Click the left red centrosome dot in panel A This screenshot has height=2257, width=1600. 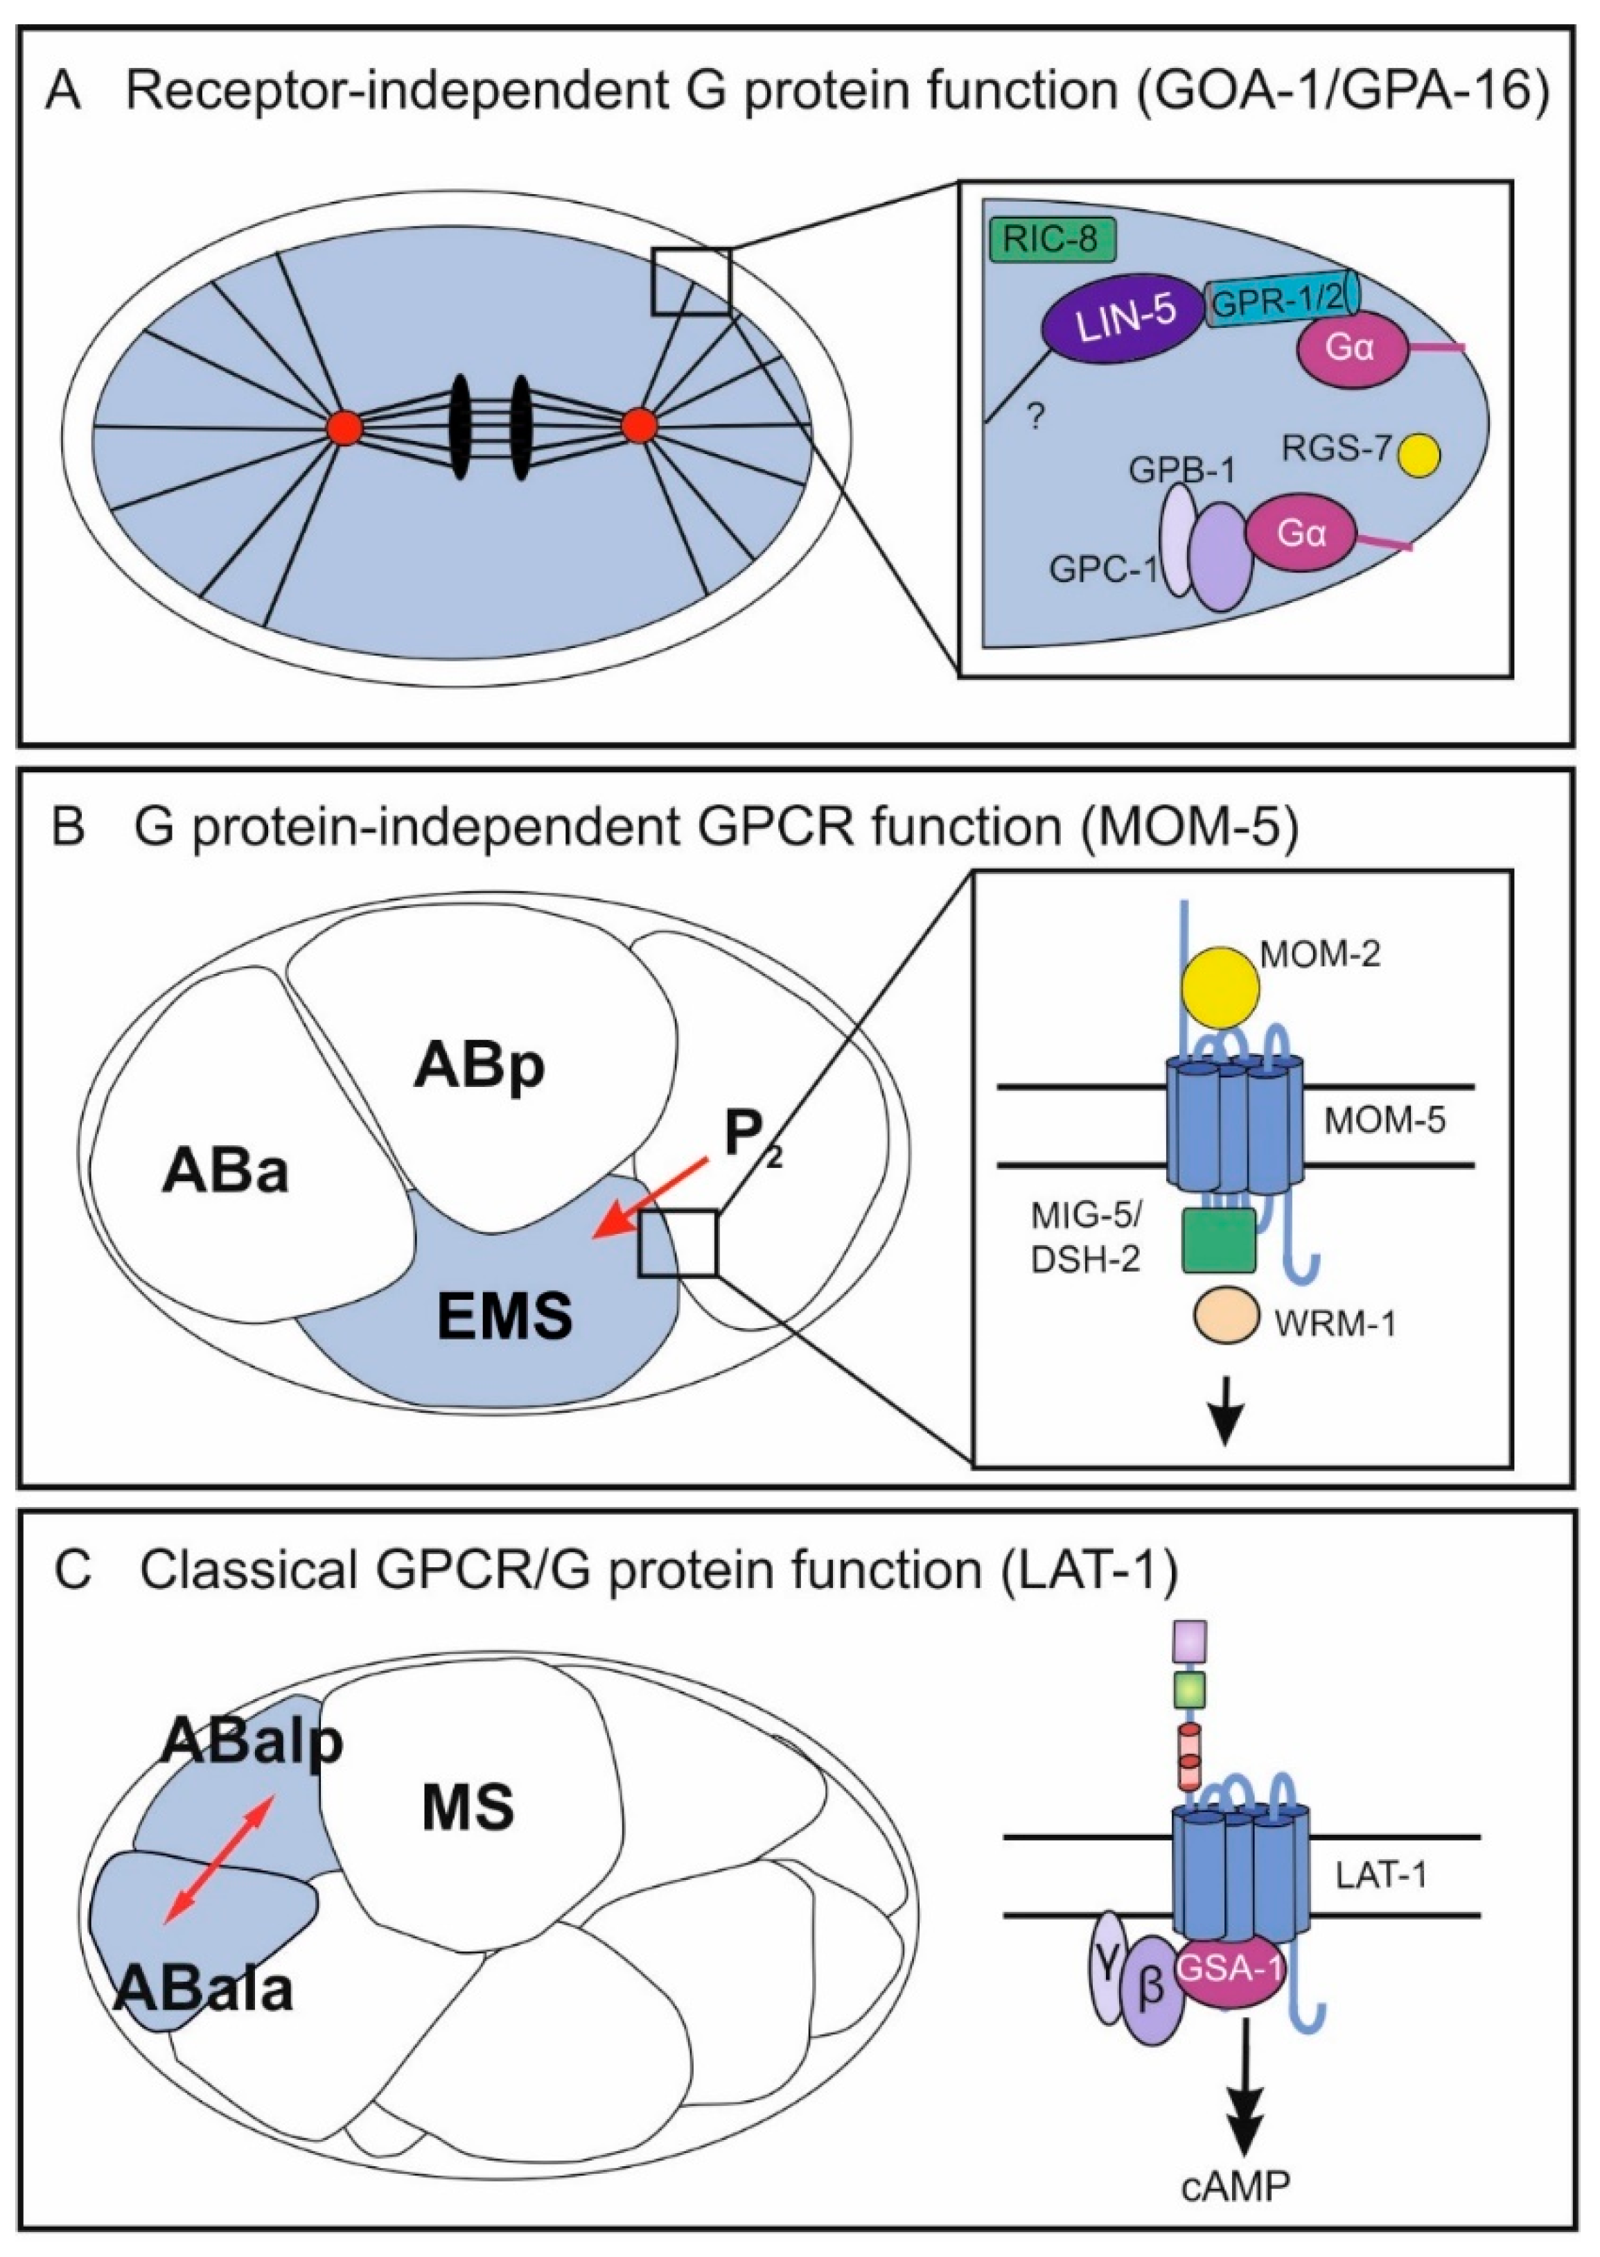[346, 428]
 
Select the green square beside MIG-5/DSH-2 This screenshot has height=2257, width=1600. [1219, 1240]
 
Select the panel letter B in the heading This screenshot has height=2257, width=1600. [67, 828]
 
